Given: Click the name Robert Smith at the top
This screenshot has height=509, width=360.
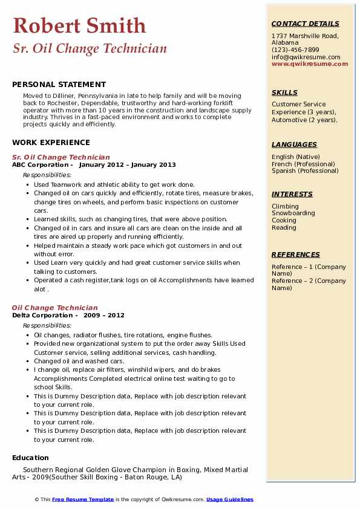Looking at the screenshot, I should coord(79,25).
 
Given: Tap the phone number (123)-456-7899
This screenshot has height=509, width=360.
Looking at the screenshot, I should coord(295,50).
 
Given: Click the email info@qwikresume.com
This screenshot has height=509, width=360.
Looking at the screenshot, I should coord(306,57).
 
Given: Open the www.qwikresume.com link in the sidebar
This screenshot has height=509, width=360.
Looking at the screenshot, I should coord(306,64).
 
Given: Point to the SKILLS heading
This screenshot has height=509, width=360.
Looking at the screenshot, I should coord(284,92).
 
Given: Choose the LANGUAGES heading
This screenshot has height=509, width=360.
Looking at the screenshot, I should coord(294,144).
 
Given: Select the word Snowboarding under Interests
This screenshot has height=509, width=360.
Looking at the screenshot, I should coord(293,213).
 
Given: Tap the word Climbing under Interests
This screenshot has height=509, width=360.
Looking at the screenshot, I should coord(285,206).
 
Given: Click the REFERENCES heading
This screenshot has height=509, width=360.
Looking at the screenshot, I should coord(296,254).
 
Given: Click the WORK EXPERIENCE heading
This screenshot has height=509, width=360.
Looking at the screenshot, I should coord(51,143).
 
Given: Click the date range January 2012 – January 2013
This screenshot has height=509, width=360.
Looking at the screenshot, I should coord(127,165).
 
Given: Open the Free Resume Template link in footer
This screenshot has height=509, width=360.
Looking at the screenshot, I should coord(83,499).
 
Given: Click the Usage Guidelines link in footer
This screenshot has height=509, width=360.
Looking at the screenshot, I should coord(230,499).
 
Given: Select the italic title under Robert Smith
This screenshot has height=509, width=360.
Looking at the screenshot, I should coord(90,49).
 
